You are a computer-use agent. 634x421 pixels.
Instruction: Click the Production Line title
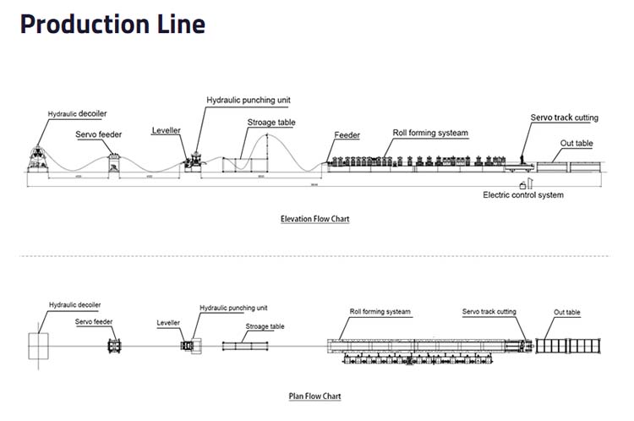[112, 25]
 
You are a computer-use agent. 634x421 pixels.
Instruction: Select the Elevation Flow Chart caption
[314, 219]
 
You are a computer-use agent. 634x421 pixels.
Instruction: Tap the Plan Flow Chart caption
[314, 396]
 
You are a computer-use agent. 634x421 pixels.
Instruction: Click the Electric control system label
[522, 195]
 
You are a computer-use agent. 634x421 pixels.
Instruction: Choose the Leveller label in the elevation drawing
[166, 131]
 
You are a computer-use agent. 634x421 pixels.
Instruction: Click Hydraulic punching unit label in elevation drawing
[249, 100]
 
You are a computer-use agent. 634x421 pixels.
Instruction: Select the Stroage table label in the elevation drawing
[271, 123]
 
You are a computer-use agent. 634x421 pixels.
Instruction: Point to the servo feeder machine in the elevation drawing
[115, 162]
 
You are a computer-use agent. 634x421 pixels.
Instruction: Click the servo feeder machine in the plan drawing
[115, 346]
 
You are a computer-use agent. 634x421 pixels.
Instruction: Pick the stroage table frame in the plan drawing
[245, 346]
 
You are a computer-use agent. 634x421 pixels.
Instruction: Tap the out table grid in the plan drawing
[568, 346]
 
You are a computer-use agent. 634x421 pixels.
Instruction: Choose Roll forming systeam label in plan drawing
[380, 312]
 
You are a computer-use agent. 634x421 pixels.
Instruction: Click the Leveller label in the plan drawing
[169, 323]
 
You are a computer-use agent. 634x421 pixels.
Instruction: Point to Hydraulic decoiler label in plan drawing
[75, 303]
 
